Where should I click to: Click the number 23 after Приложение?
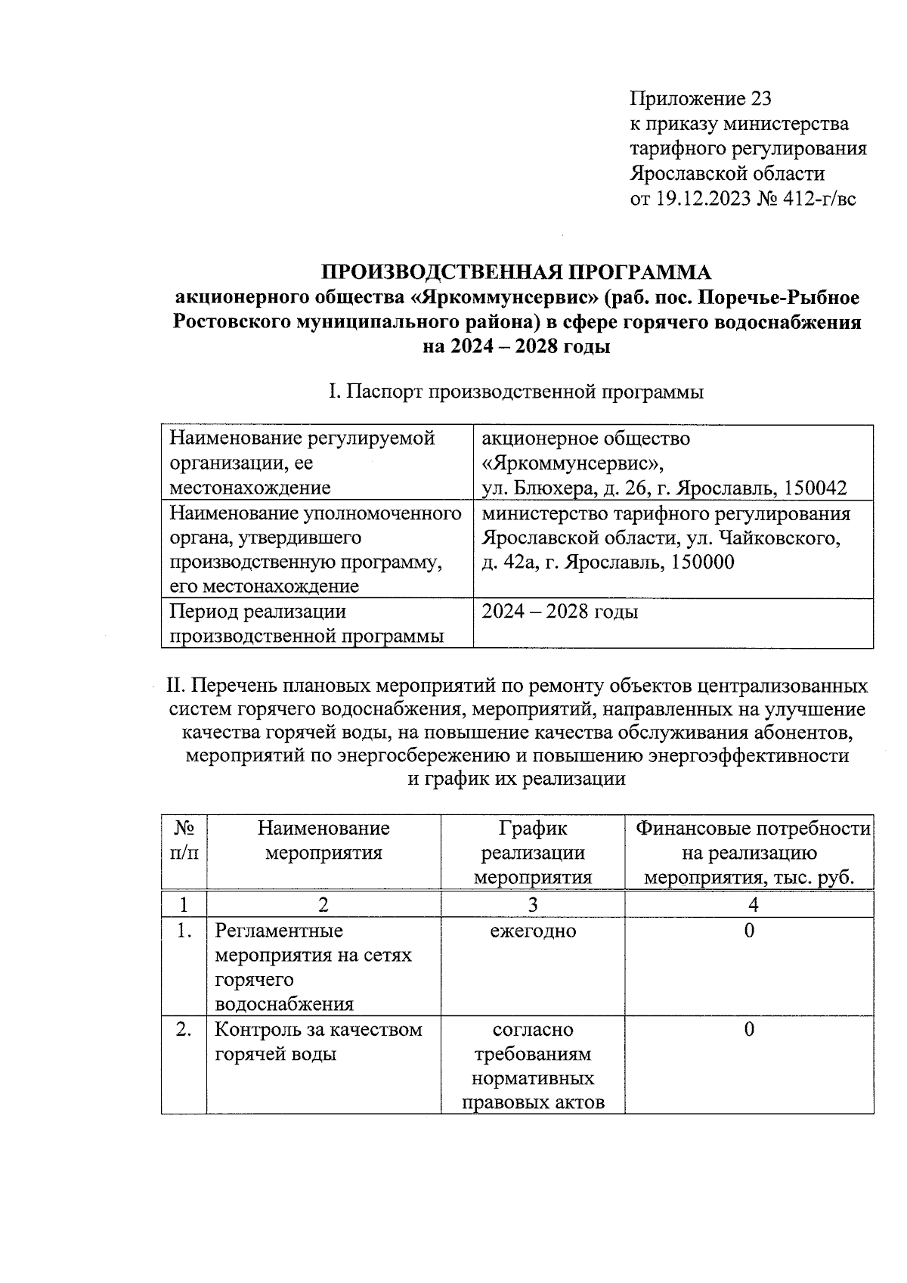point(760,99)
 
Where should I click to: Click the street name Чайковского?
point(779,538)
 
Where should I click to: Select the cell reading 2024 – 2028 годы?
point(560,612)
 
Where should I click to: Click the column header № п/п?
point(184,841)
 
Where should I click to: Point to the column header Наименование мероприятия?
point(323,841)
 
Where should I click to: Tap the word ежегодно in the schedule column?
point(533,931)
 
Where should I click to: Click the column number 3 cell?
point(533,904)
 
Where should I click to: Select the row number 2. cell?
point(184,1030)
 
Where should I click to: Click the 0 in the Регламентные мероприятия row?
point(749,931)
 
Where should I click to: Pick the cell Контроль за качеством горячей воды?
point(318,1042)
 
